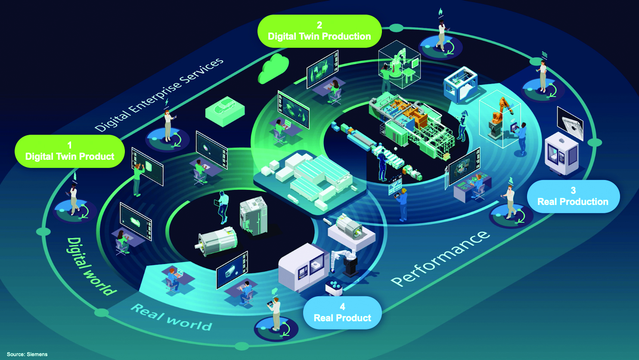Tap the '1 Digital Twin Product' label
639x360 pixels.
pos(70,151)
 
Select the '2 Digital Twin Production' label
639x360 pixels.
pos(319,31)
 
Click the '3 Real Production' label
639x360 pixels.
pos(573,196)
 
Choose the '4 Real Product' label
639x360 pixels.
pos(342,313)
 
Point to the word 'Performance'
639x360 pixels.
pos(440,258)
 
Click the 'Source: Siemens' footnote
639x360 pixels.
pos(27,354)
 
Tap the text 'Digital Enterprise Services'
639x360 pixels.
pos(159,95)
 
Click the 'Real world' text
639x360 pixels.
pos(171,317)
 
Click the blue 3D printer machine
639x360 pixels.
pos(461,84)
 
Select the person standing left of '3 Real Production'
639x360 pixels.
pos(510,201)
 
